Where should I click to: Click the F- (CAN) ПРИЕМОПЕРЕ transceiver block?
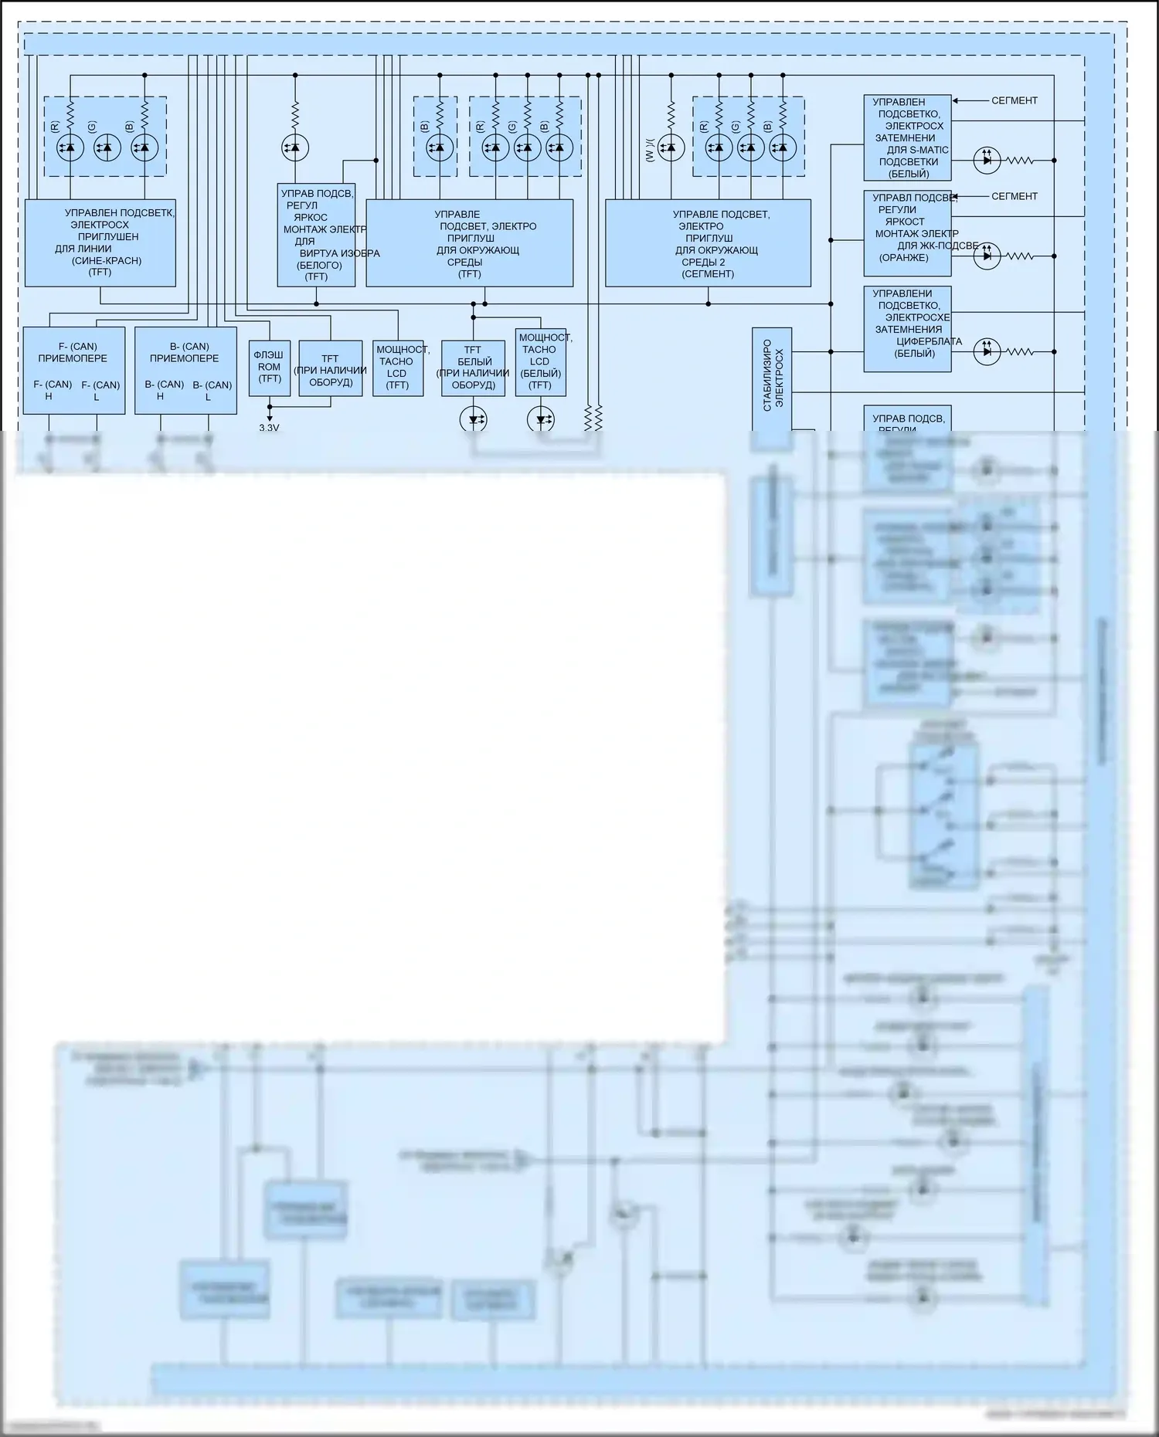coord(73,370)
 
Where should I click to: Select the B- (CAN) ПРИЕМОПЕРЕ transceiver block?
coord(185,370)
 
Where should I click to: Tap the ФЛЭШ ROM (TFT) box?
coord(270,368)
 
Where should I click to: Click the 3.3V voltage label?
coord(269,428)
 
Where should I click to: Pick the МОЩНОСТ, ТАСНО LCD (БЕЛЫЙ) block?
coord(540,362)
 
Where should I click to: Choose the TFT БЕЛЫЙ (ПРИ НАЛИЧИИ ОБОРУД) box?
coord(473,368)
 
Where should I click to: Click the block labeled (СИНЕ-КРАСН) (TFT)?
coord(100,242)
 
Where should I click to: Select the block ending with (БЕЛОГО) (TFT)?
coord(316,235)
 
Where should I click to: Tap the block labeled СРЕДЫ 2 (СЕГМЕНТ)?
coord(708,242)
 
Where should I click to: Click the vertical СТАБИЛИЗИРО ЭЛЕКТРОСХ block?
coord(772,378)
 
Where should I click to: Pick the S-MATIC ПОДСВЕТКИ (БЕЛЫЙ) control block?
coord(907,138)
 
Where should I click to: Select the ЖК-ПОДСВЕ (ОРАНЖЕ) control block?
coord(907,233)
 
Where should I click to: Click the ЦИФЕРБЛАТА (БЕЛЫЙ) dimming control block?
coord(907,329)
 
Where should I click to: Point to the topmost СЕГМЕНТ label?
coord(1015,100)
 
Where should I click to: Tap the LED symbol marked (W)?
coord(671,147)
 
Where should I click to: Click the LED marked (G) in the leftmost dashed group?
coord(107,147)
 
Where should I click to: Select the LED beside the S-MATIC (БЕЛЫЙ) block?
coord(987,161)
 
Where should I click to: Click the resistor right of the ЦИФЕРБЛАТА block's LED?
coord(1020,352)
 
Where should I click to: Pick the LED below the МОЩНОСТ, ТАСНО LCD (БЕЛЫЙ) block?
coord(541,420)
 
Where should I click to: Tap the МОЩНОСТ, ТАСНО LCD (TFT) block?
coord(398,368)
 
